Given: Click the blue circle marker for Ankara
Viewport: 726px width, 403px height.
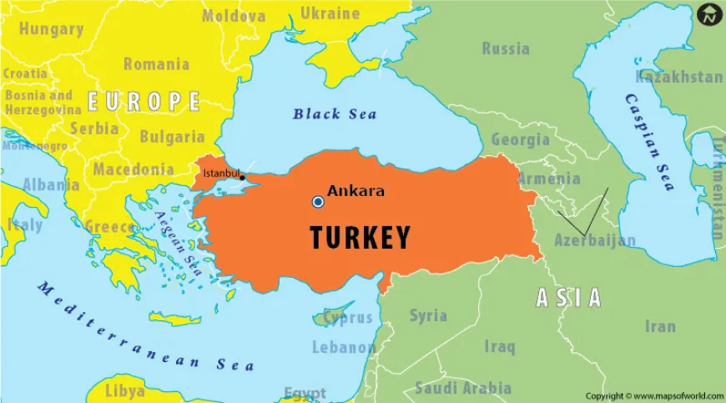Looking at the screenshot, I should pyautogui.click(x=318, y=202).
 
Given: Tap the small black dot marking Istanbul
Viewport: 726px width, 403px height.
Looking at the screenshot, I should pyautogui.click(x=242, y=177).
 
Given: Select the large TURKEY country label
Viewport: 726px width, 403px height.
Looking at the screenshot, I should pyautogui.click(x=360, y=238).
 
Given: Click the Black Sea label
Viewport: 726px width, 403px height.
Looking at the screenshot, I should pyautogui.click(x=335, y=114).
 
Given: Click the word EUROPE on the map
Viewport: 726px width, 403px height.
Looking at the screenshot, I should pyautogui.click(x=144, y=102).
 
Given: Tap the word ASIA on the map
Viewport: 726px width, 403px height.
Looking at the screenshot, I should pyautogui.click(x=567, y=297).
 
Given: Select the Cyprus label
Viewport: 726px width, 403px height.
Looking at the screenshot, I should pyautogui.click(x=348, y=317).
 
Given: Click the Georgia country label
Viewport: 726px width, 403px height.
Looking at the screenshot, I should pyautogui.click(x=520, y=139).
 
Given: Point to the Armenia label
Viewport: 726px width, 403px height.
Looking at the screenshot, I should pyautogui.click(x=548, y=179).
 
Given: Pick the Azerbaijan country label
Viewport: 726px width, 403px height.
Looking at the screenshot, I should pyautogui.click(x=595, y=240).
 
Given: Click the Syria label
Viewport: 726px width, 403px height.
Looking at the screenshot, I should pyautogui.click(x=428, y=315).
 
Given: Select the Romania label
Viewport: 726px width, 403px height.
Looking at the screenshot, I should pyautogui.click(x=156, y=64).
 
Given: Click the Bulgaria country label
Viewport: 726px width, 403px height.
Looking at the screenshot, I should pyautogui.click(x=172, y=137).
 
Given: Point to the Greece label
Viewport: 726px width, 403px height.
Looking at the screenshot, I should pyautogui.click(x=110, y=227).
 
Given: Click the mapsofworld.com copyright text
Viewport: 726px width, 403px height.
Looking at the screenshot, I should pyautogui.click(x=653, y=395).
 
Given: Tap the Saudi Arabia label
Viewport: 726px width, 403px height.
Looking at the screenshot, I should pyautogui.click(x=463, y=388).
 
